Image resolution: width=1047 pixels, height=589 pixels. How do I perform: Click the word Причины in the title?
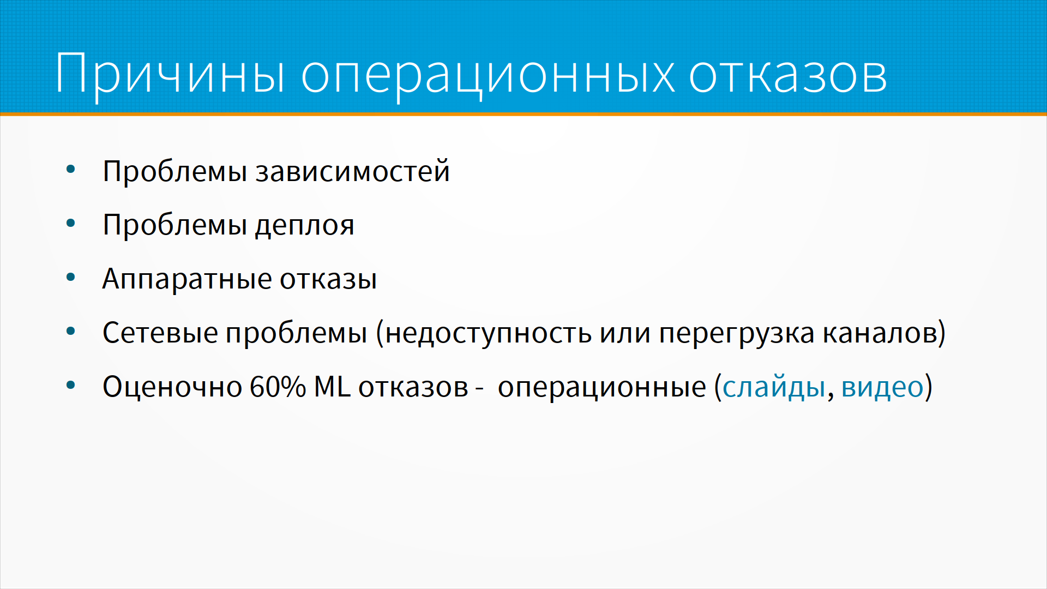point(170,74)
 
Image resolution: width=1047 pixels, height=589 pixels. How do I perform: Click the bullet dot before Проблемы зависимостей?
point(70,170)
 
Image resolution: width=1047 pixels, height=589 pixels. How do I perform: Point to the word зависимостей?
point(353,171)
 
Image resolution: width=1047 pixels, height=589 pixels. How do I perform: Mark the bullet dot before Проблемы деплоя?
point(70,223)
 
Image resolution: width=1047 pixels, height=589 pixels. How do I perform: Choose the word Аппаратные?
point(187,279)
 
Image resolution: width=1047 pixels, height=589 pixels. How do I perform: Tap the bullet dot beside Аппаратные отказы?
point(70,277)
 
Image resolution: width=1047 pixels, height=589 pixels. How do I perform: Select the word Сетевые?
point(160,333)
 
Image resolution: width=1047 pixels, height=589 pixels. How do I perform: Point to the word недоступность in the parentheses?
point(488,334)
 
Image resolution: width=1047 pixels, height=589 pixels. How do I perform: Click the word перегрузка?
point(737,334)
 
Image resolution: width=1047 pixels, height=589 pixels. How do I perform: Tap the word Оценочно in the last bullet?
point(172,387)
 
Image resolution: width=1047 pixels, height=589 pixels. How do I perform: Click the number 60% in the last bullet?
point(278,387)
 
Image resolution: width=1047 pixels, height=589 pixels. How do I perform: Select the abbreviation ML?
point(332,387)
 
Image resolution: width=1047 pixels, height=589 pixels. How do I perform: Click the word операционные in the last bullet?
point(602,388)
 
